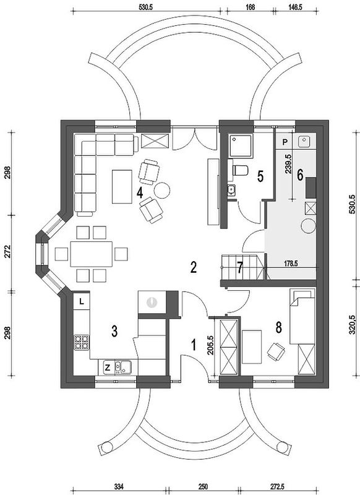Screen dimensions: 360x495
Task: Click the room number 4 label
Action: pos(140,192)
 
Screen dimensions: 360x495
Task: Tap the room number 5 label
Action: pos(260,176)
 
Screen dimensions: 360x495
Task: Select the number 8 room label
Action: pos(278,328)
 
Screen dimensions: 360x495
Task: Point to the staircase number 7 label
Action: pos(241,268)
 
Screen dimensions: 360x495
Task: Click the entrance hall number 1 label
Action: pos(194,345)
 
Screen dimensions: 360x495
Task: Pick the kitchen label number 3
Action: pos(114,331)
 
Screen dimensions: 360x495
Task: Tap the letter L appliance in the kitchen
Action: pos(82,301)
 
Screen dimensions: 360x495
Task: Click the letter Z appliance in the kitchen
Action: pos(107,368)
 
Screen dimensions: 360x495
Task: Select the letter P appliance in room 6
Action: pos(285,142)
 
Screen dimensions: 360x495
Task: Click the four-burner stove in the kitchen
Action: pos(82,342)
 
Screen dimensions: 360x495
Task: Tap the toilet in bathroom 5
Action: pos(240,170)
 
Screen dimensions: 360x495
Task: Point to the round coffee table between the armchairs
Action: pos(162,190)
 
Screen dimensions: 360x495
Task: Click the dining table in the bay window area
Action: pos(92,254)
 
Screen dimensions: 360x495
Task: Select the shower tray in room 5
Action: pos(241,145)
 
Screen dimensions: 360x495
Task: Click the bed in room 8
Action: pos(302,316)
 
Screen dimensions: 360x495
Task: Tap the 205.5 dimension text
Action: pos(211,345)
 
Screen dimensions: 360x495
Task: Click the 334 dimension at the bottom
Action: pos(119,485)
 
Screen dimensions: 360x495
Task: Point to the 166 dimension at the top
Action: pos(249,7)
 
